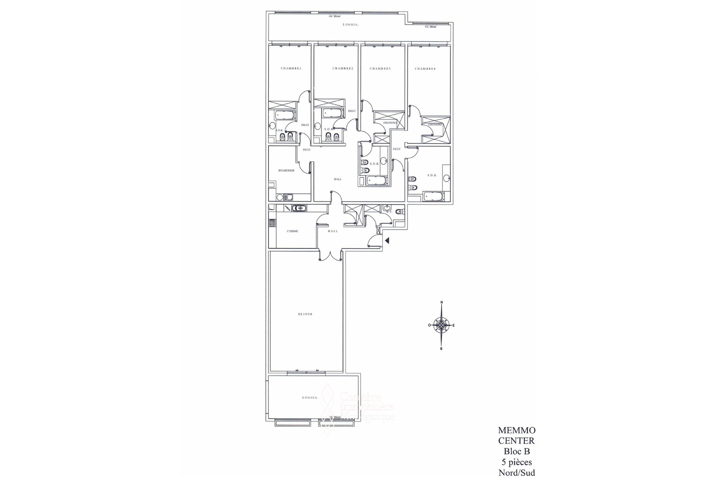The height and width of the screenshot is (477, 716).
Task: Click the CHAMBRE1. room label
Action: pyautogui.click(x=291, y=69)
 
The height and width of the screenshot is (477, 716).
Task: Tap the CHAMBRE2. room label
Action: pyautogui.click(x=343, y=69)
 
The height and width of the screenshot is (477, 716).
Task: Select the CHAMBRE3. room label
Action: pyautogui.click(x=380, y=69)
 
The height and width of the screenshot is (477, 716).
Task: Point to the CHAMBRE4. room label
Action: pyautogui.click(x=425, y=69)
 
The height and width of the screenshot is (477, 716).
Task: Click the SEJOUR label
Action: pyautogui.click(x=305, y=314)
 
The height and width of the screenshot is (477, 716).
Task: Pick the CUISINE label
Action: pyautogui.click(x=292, y=231)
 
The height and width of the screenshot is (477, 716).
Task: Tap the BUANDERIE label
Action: pyautogui.click(x=286, y=170)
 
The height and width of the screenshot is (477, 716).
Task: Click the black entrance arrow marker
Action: pyautogui.click(x=387, y=241)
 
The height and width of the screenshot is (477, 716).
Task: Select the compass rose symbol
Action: pyautogui.click(x=442, y=325)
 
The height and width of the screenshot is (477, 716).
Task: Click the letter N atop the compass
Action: pyautogui.click(x=442, y=302)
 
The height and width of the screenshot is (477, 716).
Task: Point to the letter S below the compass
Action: pyautogui.click(x=442, y=349)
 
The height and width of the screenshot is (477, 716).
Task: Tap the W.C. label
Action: pyautogui.click(x=389, y=212)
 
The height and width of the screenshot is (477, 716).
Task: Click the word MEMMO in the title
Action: pyautogui.click(x=516, y=430)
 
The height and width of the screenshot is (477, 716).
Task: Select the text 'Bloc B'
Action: pyautogui.click(x=516, y=451)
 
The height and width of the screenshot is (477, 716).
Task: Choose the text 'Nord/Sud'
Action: pyautogui.click(x=516, y=473)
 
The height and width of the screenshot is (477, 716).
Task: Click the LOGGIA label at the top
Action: pyautogui.click(x=351, y=25)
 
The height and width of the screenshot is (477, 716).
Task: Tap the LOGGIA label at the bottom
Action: pyautogui.click(x=310, y=398)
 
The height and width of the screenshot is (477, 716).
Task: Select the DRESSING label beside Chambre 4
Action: pyautogui.click(x=435, y=124)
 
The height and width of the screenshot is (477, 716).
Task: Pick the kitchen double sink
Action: pyautogui.click(x=299, y=208)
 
